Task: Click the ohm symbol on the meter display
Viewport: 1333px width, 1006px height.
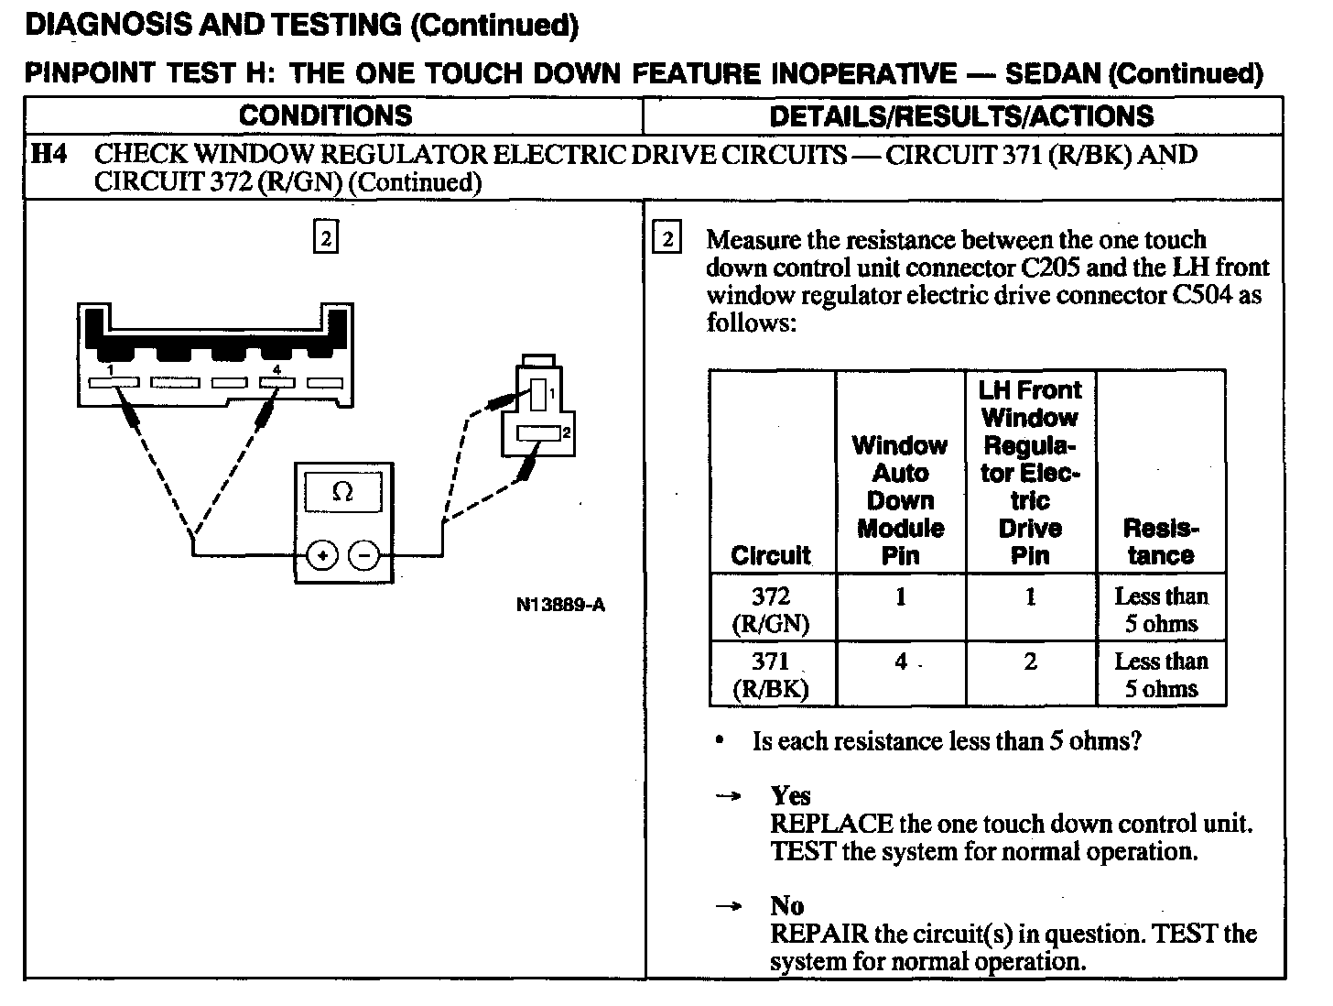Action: point(342,492)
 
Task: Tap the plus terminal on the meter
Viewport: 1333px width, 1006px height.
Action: point(322,554)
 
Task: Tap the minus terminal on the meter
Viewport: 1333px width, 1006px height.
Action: point(364,554)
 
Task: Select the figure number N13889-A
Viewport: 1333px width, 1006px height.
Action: point(560,605)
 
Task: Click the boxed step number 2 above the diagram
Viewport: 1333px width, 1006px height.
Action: point(325,238)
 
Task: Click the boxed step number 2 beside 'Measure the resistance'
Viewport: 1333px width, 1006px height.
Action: point(666,240)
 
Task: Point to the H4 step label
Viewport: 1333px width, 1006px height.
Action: point(49,154)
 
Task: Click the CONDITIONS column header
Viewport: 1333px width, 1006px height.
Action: point(325,115)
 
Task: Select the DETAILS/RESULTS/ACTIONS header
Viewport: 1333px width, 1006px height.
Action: point(961,116)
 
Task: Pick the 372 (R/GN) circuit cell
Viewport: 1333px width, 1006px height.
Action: point(771,609)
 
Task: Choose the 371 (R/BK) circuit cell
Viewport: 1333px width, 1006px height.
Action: point(771,674)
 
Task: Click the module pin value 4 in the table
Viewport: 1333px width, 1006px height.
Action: point(901,662)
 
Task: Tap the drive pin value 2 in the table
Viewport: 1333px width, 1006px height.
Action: point(1031,662)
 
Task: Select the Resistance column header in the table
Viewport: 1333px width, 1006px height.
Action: point(1161,541)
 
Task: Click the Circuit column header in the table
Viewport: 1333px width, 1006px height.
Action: point(771,555)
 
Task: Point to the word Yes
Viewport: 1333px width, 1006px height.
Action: point(790,795)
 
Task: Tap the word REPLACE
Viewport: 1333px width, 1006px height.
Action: point(830,823)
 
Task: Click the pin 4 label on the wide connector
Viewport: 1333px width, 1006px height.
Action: point(276,369)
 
